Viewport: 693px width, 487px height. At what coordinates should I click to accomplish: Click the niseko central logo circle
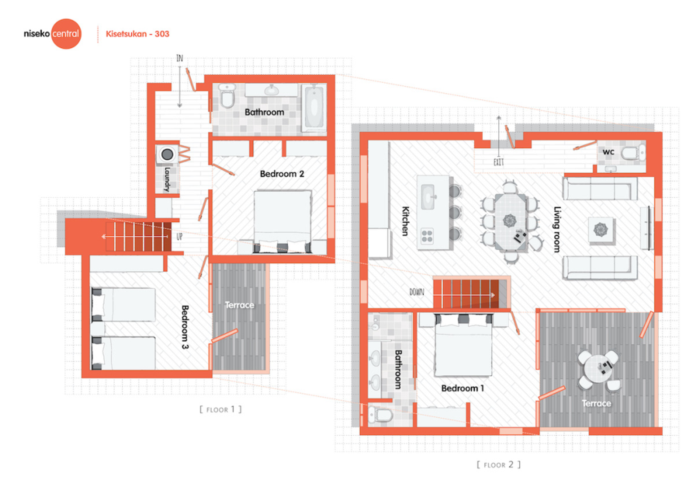(66, 34)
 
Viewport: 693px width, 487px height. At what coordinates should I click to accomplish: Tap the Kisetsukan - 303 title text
(137, 34)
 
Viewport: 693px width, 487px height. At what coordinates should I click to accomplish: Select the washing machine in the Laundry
(167, 154)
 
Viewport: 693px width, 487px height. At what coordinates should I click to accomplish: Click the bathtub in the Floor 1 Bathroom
(314, 107)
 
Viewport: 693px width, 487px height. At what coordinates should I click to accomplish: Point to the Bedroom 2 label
(282, 174)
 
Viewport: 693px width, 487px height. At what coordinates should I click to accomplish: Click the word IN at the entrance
(179, 58)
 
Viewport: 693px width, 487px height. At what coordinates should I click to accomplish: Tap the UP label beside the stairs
(179, 237)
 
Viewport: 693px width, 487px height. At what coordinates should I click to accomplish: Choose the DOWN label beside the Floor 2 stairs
(417, 292)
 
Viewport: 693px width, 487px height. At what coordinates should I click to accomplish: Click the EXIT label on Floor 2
(498, 162)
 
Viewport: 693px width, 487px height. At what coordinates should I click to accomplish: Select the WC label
(608, 152)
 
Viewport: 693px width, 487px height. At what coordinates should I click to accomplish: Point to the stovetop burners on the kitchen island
(427, 236)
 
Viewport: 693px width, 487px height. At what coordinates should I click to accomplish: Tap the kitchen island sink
(428, 197)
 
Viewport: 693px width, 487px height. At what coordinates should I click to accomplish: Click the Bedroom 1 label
(462, 388)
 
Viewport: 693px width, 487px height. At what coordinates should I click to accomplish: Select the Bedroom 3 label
(185, 327)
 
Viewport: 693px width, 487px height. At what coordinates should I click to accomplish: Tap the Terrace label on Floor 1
(239, 305)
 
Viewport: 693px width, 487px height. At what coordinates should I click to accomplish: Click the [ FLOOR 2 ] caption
(498, 465)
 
